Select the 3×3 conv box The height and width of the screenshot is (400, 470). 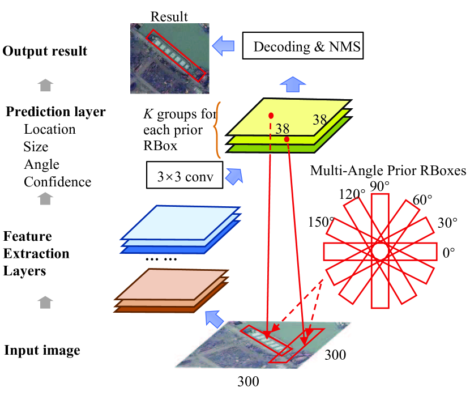coord(185,177)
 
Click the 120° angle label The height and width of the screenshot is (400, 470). coord(352,194)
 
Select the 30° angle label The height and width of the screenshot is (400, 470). coord(447,223)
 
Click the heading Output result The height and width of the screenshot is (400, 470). coord(45,51)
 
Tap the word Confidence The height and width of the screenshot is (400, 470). coord(57,182)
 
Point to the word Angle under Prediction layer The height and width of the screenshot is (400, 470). coord(41,164)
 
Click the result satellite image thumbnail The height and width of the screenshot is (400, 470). coord(169,58)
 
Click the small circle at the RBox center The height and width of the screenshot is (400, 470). coord(379,250)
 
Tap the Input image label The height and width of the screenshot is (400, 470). coord(42,350)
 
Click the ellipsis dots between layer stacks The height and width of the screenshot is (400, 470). coord(161,259)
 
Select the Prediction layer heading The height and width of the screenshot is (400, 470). coord(55,112)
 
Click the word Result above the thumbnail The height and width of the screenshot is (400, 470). coord(169,17)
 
